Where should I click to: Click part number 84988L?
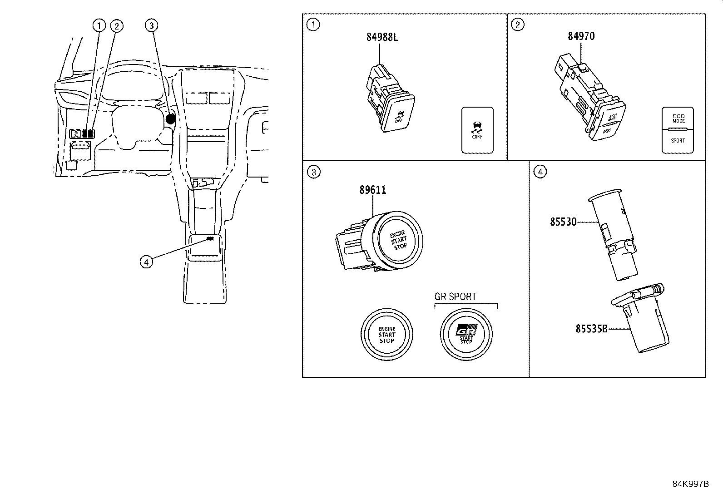pos(382,37)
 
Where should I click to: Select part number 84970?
pos(581,36)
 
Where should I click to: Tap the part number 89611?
pos(372,190)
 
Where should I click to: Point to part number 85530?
pos(563,222)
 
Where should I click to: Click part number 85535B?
pos(591,328)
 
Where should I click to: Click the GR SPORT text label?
pos(456,296)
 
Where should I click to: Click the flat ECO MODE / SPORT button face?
pos(678,130)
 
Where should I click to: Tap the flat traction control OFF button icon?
pos(477,130)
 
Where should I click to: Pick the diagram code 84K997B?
pos(690,484)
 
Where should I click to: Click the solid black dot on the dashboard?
pos(170,119)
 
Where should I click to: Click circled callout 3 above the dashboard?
pos(151,26)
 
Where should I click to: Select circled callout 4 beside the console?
pos(146,262)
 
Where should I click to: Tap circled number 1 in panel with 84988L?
pos(313,25)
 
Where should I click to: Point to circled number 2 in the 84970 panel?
pos(518,25)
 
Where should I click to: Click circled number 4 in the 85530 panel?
pos(540,172)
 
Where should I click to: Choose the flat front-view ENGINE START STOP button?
pos(387,335)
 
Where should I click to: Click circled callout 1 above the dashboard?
pos(99,26)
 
